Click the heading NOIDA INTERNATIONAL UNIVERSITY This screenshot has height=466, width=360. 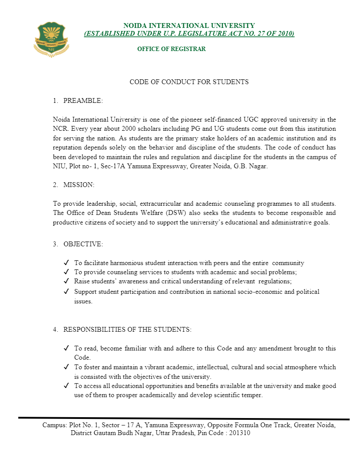[189, 26]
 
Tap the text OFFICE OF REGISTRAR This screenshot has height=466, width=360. [171, 49]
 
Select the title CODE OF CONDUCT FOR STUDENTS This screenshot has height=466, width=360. [189, 82]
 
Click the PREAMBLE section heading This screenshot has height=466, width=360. [83, 101]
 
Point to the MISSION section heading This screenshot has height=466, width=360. [78, 185]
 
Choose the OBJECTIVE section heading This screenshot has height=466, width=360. [83, 244]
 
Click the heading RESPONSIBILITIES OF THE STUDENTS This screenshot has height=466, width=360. [127, 330]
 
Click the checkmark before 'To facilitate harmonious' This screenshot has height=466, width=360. [66, 263]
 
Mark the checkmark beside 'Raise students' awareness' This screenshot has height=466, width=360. [66, 281]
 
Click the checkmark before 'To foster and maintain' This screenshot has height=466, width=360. [66, 367]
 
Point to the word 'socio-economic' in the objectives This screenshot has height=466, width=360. [250, 292]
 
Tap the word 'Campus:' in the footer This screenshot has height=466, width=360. [55, 425]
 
